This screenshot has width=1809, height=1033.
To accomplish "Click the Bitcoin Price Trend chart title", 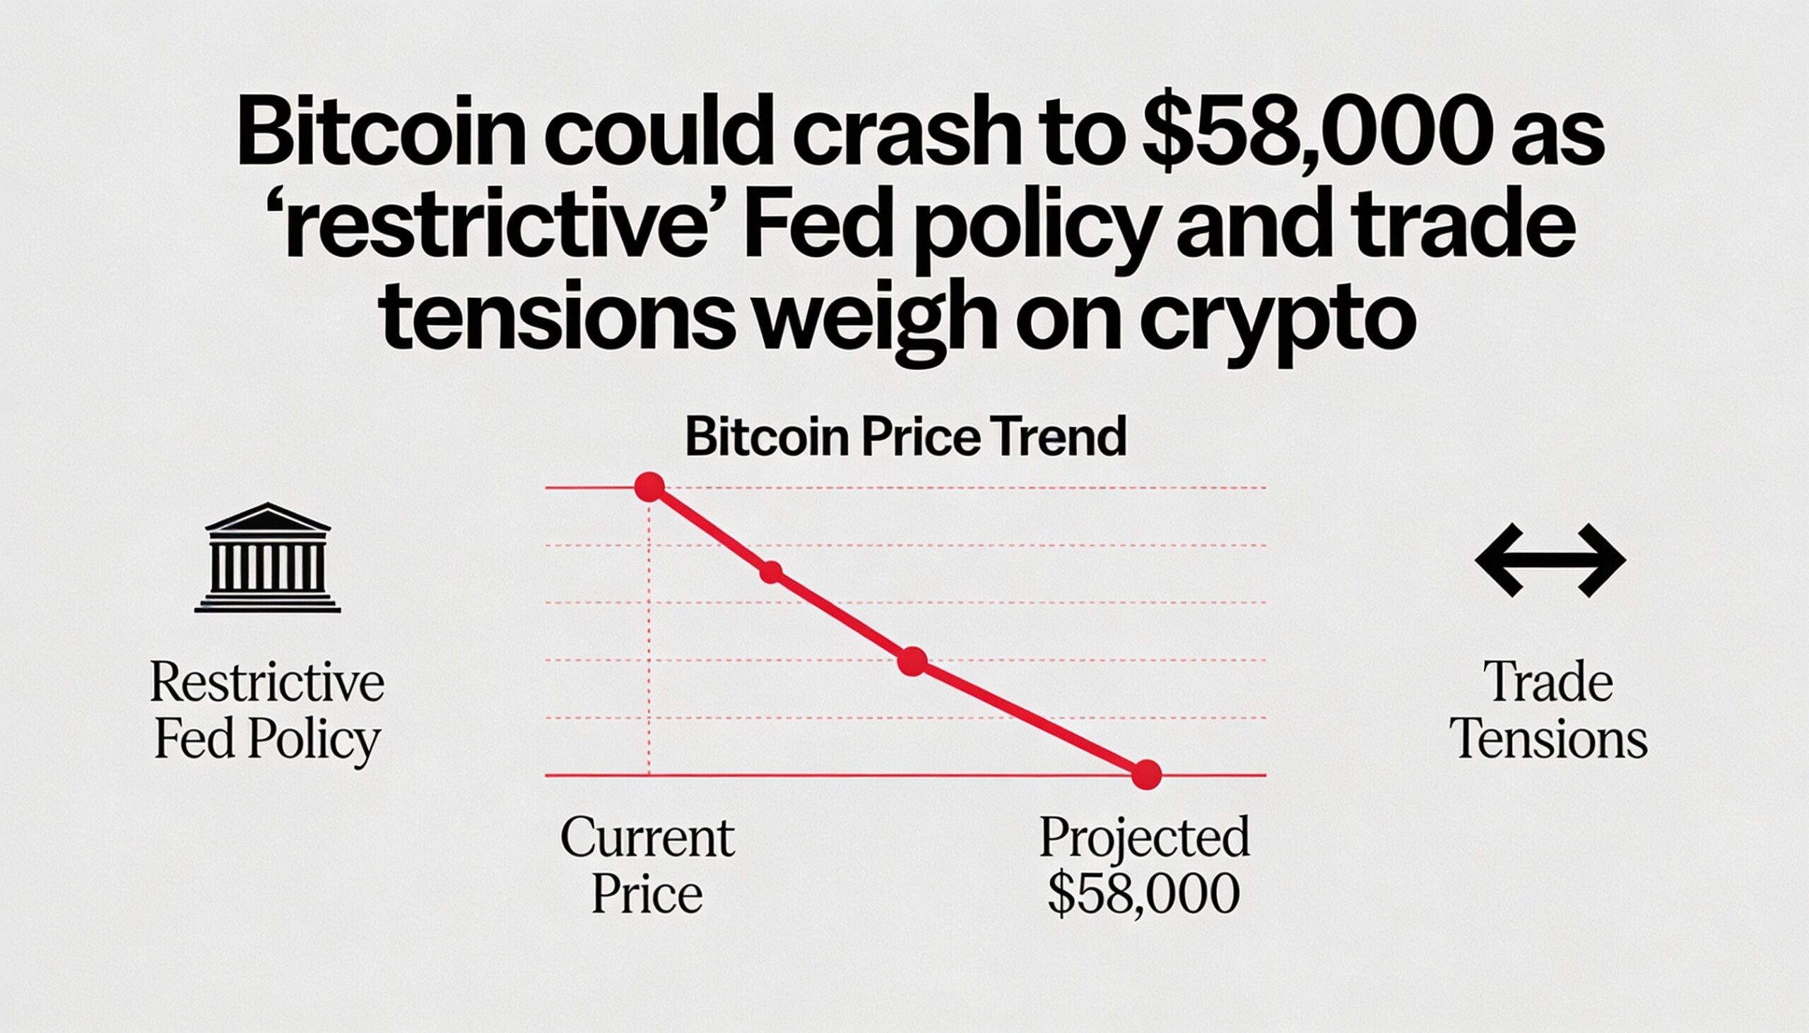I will pos(905,436).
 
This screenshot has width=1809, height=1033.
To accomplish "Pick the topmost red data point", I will pos(649,487).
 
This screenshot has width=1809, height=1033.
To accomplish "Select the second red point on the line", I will pos(771,572).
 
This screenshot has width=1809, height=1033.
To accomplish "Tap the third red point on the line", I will pos(912,661).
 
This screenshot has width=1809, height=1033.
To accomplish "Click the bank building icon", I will pos(267,558).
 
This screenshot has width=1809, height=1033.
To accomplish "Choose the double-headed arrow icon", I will pos(1550,561).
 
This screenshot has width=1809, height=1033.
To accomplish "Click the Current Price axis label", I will pos(647,866).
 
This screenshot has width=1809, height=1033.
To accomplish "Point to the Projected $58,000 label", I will pos(1144,866).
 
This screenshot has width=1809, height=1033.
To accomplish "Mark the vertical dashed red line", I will pos(649,638).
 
